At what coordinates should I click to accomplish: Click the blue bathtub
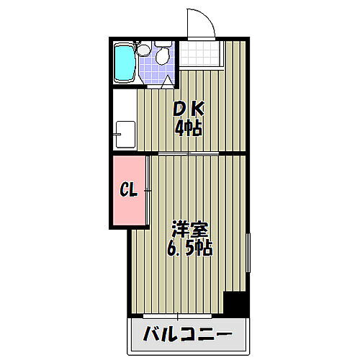tap(125, 63)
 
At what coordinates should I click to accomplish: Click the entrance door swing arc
tap(199, 22)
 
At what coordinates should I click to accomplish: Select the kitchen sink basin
tap(125, 133)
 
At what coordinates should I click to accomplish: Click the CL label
tap(128, 191)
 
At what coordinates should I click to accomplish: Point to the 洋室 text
tap(189, 232)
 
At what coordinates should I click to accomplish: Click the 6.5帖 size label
tap(188, 251)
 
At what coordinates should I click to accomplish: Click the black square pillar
tap(235, 304)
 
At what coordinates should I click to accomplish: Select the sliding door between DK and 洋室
tap(189, 154)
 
